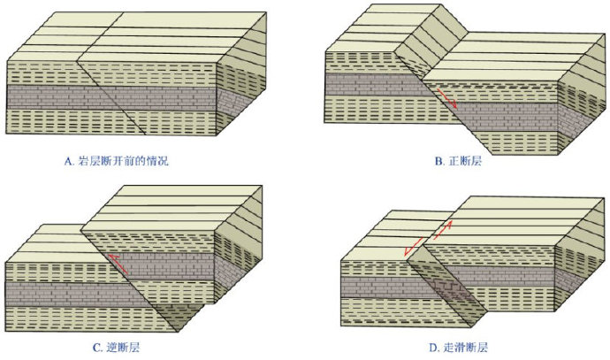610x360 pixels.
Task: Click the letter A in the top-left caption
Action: point(68,161)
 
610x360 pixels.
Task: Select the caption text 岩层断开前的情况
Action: point(123,161)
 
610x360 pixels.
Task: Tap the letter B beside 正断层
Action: point(438,161)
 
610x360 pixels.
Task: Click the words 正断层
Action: point(465,161)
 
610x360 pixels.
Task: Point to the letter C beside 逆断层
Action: point(97,348)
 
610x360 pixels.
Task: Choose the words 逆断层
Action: point(123,347)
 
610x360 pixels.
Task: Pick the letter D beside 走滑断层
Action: point(433,348)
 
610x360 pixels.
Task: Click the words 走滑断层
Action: point(466,347)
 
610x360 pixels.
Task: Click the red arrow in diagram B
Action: point(446,98)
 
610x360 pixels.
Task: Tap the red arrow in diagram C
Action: point(118,264)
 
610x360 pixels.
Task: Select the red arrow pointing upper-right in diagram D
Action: point(442,230)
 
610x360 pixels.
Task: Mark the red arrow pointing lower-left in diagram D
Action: point(414,247)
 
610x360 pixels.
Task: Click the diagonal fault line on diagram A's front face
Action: point(111,97)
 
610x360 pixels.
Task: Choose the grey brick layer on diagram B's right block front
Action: point(506,117)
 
